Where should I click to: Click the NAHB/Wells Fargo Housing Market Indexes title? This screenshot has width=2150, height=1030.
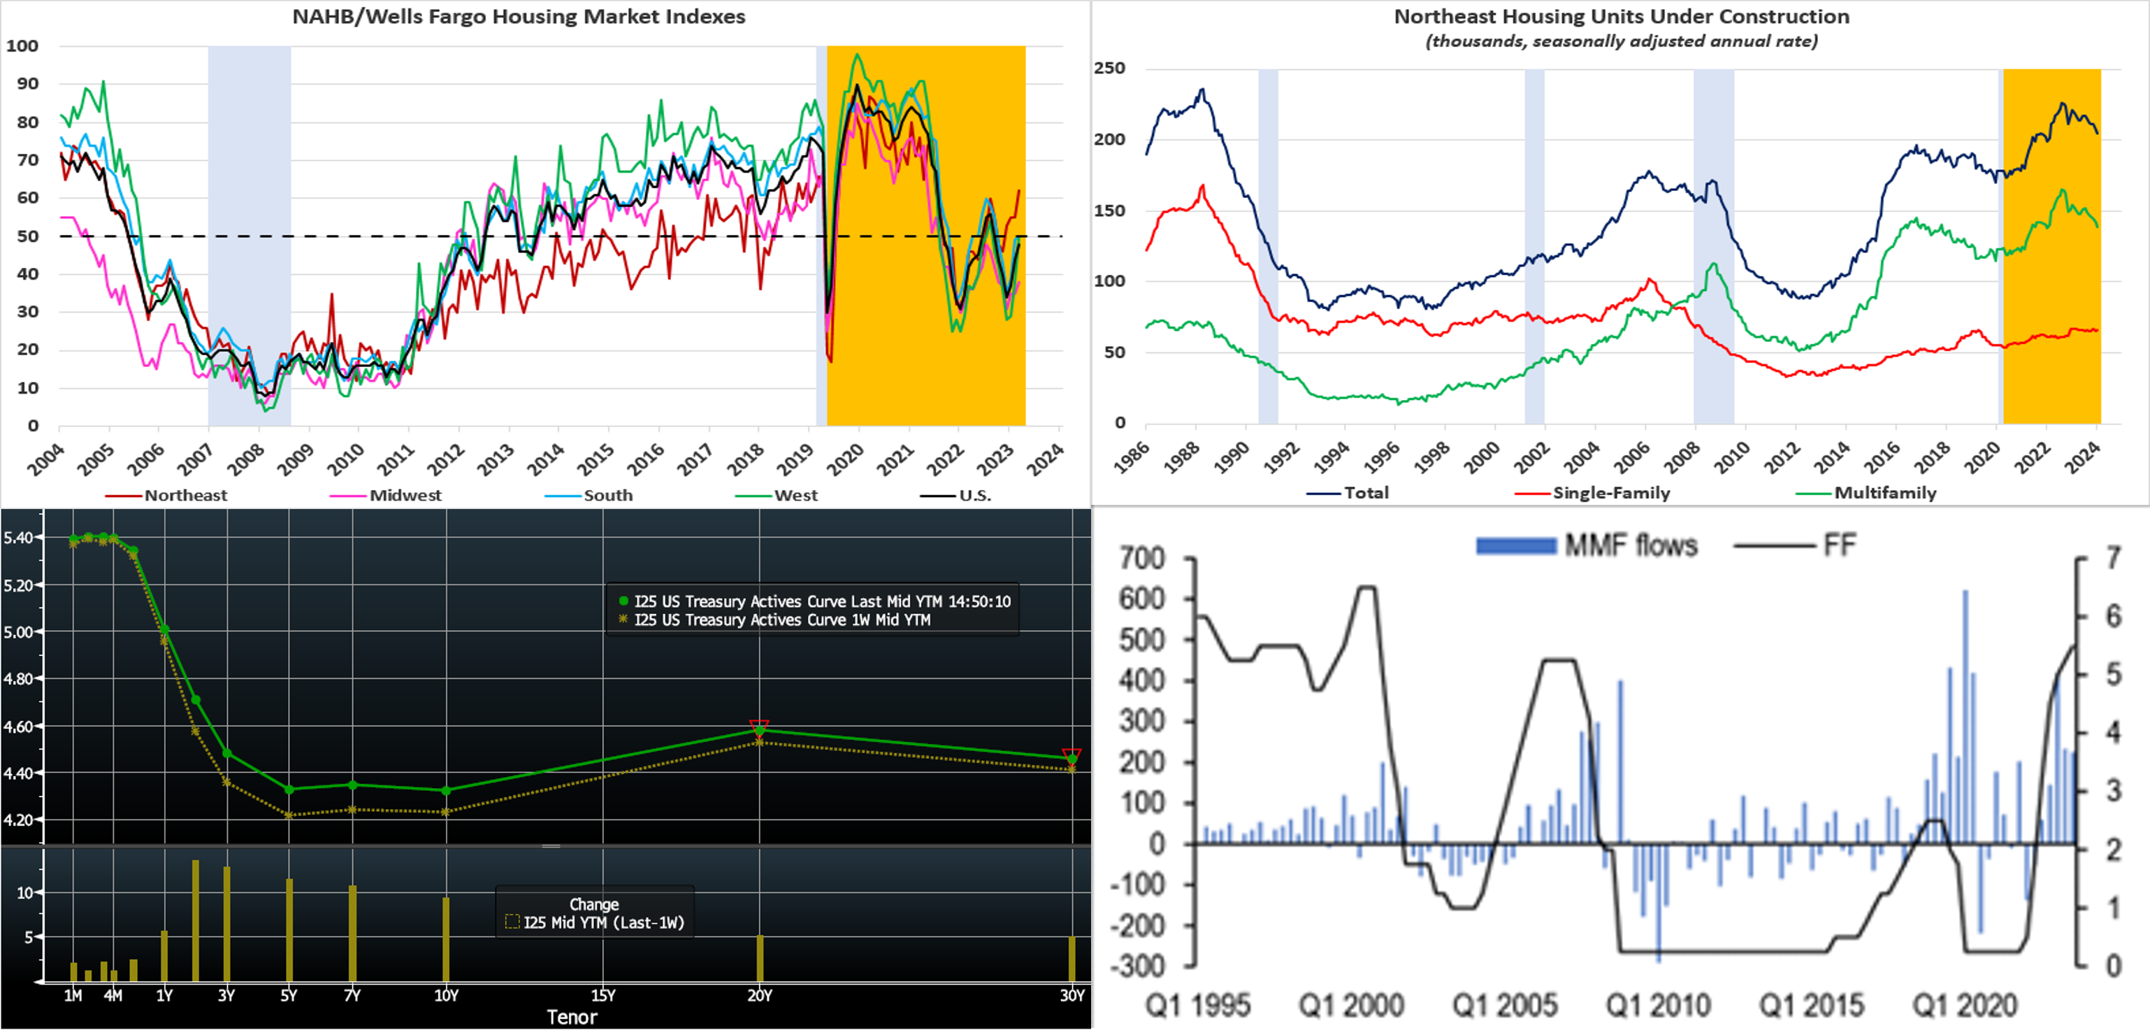[519, 17]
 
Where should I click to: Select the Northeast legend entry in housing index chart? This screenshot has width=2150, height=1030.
[185, 495]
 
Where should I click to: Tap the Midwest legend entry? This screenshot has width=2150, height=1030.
[405, 495]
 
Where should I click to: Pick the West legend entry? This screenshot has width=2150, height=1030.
[795, 495]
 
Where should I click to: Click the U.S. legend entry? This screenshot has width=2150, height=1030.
[974, 495]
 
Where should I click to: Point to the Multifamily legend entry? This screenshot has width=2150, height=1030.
[1884, 492]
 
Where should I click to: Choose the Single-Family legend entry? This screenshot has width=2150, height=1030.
[1611, 492]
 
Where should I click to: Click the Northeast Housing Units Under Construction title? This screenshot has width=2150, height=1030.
[1621, 17]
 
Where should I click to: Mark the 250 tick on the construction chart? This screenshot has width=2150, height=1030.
[1109, 68]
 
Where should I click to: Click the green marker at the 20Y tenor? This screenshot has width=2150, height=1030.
[760, 731]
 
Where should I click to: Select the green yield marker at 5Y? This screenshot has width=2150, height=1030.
[289, 789]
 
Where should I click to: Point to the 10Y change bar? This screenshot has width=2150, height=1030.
[446, 939]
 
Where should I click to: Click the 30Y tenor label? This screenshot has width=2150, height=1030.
[1072, 995]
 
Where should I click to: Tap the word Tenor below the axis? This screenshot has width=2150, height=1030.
[572, 1017]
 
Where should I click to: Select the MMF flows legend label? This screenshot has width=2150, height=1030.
[1630, 546]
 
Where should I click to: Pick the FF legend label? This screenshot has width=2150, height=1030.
[1839, 546]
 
